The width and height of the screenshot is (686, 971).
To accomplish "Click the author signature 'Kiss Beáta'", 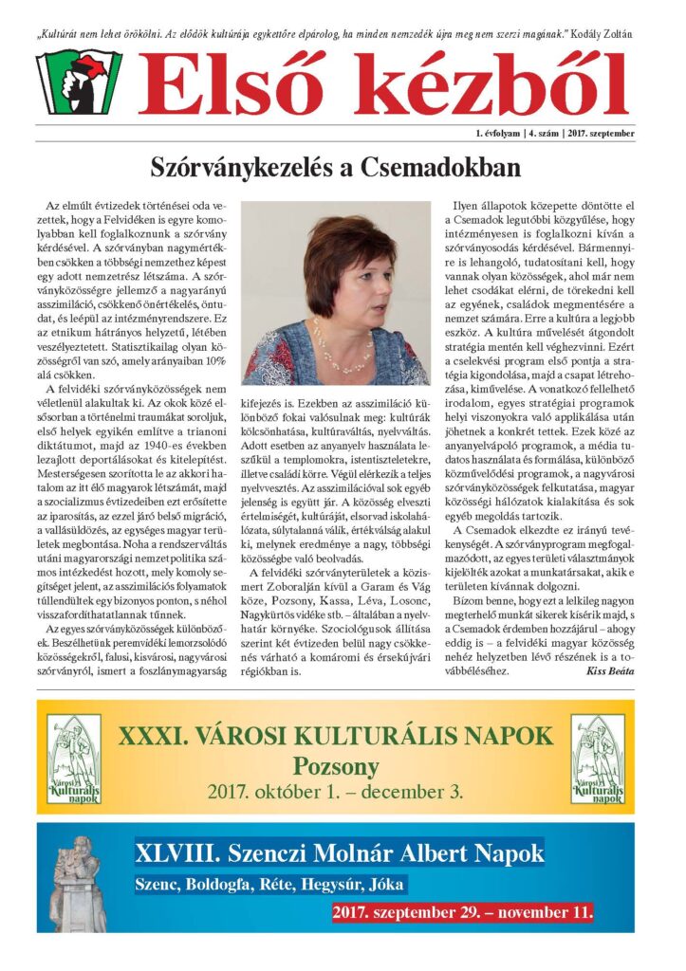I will click(612, 670).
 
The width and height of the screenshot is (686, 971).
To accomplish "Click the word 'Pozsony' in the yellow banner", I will click(335, 765).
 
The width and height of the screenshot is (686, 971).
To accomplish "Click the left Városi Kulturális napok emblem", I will click(74, 759).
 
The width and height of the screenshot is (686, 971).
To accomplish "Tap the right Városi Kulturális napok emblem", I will click(598, 759).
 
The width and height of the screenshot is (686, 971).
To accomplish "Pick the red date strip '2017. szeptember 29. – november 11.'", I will click(463, 913).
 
